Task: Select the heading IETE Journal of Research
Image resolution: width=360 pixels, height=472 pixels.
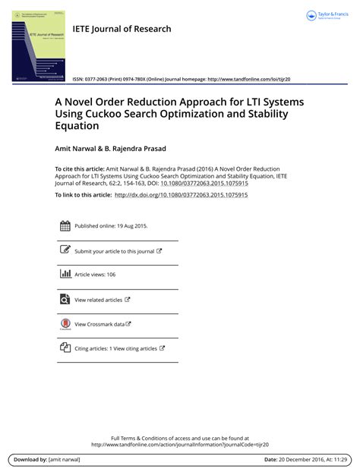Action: coord(122,29)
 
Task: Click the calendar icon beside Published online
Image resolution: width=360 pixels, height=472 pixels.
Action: coord(65,225)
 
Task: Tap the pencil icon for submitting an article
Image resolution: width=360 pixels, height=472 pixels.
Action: coord(65,250)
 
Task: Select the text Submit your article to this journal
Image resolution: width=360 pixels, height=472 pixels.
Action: coord(114,250)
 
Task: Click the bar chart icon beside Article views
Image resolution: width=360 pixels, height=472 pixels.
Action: coord(65,274)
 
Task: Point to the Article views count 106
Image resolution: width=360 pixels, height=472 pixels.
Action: coord(111,275)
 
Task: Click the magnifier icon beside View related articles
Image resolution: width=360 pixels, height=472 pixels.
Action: coord(65,299)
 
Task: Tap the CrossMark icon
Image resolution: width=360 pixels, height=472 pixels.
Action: coord(65,324)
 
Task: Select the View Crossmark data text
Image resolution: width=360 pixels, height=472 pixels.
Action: coord(99,324)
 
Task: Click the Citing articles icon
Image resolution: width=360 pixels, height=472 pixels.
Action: coord(65,348)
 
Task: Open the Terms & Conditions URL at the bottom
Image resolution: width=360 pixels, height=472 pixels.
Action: coord(180,445)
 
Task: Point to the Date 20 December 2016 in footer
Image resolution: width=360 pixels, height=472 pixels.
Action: coord(318,460)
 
